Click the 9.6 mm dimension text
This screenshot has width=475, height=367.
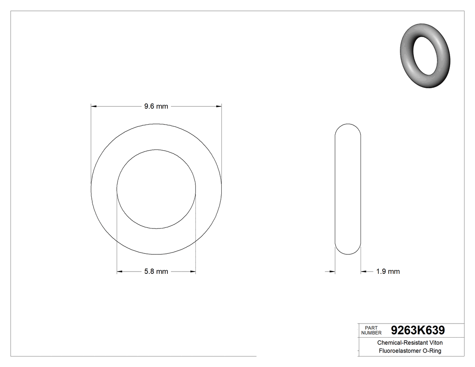pyautogui.click(x=156, y=106)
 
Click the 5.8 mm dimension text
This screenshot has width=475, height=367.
pyautogui.click(x=156, y=272)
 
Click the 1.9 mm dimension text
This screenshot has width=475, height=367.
pyautogui.click(x=388, y=272)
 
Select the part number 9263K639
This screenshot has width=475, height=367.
pyautogui.click(x=418, y=330)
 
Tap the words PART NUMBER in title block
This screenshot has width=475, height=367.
pyautogui.click(x=371, y=330)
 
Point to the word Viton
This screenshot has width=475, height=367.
pyautogui.click(x=434, y=343)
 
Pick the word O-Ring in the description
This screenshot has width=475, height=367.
pyautogui.click(x=432, y=351)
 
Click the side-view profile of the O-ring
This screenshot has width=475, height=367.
pyautogui.click(x=348, y=189)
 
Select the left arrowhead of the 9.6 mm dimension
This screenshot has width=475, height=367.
pyautogui.click(x=94, y=106)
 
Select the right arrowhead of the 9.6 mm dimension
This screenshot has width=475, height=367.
pyautogui.click(x=219, y=106)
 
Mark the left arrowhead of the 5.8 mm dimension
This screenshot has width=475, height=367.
pyautogui.click(x=119, y=272)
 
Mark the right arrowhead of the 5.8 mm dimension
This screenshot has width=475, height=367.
pyautogui.click(x=193, y=272)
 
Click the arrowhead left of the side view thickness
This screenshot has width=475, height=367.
pyautogui.click(x=332, y=272)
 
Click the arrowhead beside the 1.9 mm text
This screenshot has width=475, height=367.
pyautogui.click(x=363, y=272)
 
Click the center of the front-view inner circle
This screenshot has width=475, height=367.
pyautogui.click(x=156, y=189)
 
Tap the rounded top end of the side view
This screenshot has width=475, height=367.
pyautogui.click(x=348, y=126)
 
